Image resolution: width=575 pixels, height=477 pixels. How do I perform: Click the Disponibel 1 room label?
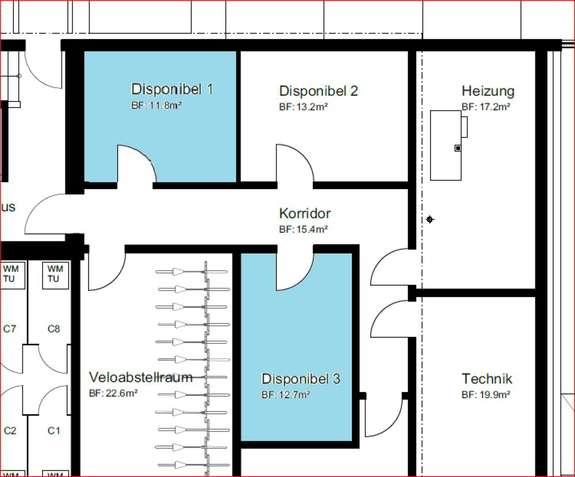coord(172,89)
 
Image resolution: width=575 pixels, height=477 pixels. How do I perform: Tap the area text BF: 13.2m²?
coord(303,107)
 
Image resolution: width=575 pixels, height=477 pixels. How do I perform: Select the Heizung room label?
coord(488,91)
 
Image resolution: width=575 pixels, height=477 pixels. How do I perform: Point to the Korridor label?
coord(305,213)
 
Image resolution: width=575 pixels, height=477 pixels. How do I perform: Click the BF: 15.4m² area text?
coord(303,229)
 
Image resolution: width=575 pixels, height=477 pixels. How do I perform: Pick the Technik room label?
coord(486,379)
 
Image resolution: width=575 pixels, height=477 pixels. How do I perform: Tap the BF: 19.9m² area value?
coord(486,395)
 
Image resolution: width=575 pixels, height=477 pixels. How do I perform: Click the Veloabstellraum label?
coord(141,377)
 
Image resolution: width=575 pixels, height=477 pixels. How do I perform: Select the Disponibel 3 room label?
coord(301,379)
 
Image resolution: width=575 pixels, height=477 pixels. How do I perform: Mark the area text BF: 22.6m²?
coord(113,394)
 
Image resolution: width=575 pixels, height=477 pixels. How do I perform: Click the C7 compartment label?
coord(10,329)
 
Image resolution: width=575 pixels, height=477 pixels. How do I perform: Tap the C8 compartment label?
coord(53,329)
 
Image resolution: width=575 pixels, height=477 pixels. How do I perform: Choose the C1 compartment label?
coord(53,430)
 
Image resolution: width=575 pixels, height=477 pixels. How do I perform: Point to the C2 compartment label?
coord(10,430)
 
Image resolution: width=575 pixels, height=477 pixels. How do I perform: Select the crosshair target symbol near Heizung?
coord(430,220)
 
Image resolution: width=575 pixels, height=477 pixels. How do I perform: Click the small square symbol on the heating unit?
coord(458,148)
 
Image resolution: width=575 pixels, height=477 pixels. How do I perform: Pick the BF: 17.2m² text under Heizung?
coord(486,107)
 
